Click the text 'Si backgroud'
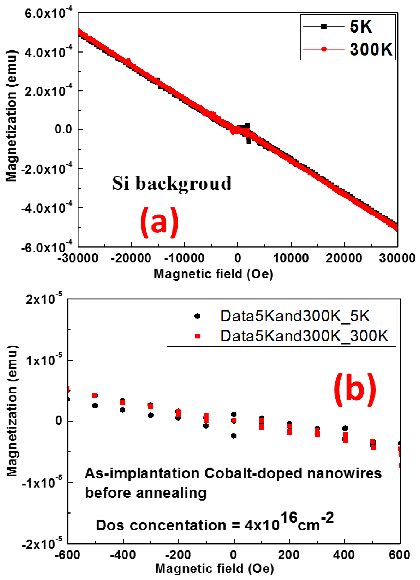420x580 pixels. [x=172, y=183]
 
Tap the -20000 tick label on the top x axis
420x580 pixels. [x=131, y=258]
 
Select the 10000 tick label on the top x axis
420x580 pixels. [x=291, y=258]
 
